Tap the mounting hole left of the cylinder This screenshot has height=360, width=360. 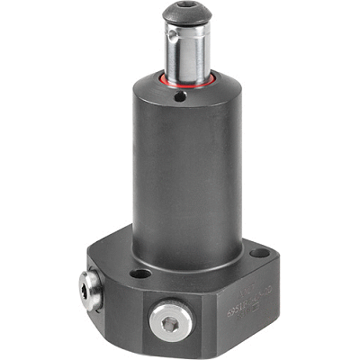(x=140, y=273)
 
